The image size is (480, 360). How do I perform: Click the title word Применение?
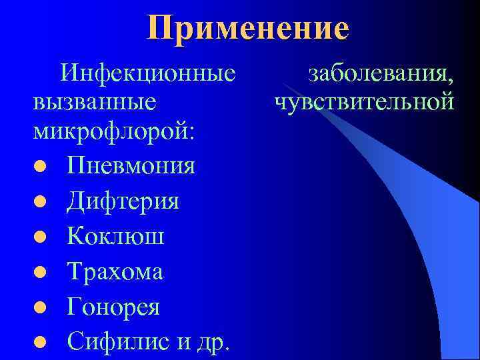[249, 29]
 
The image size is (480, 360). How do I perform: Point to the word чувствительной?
[364, 103]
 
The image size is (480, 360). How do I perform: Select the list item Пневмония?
[131, 165]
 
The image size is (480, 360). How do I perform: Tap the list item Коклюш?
[115, 237]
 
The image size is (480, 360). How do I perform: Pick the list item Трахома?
[115, 272]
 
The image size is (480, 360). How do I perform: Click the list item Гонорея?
[113, 307]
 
